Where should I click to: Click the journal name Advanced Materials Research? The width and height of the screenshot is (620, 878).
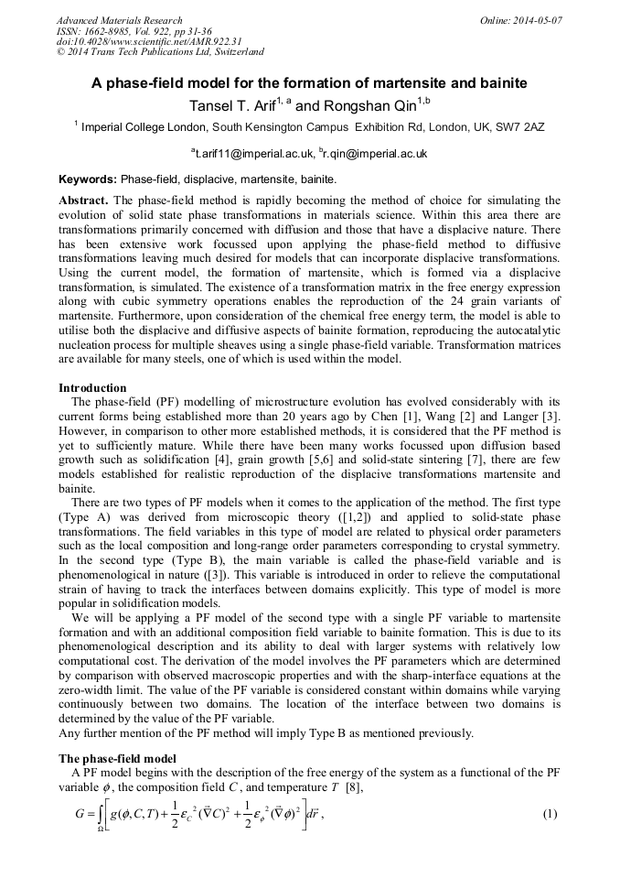[x=119, y=20]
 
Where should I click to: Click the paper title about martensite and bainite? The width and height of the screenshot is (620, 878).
[x=309, y=83]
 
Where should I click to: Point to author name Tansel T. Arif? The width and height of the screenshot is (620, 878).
[x=230, y=104]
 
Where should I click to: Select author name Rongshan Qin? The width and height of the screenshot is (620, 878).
[x=370, y=104]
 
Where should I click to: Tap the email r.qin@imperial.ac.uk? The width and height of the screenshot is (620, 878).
[x=374, y=154]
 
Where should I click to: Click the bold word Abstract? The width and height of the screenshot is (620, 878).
[x=83, y=200]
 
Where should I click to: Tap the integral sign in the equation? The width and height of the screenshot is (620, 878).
[x=97, y=815]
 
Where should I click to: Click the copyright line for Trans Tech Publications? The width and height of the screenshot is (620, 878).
[x=160, y=53]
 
